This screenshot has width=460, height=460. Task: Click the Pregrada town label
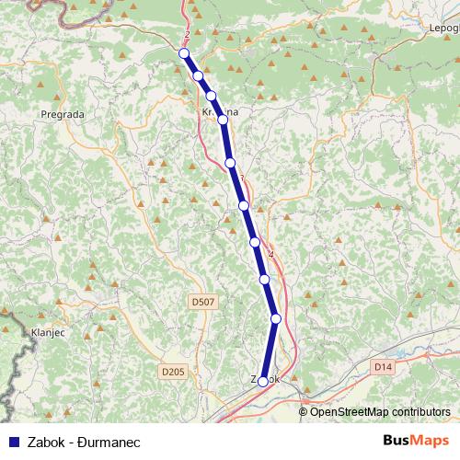(63, 114)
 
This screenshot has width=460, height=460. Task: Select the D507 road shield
(203, 301)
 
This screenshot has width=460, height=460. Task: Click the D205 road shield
(172, 371)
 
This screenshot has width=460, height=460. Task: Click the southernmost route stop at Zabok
(263, 381)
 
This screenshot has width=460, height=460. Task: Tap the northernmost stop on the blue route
(184, 53)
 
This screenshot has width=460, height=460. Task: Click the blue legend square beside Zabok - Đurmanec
(12, 442)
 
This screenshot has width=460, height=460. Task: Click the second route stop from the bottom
(275, 318)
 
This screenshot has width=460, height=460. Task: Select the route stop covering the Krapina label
(222, 118)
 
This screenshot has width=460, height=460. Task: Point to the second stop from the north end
(198, 75)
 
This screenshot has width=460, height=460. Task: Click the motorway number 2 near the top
(187, 35)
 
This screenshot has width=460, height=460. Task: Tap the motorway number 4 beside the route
(270, 254)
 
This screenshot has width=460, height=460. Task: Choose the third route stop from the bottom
(264, 278)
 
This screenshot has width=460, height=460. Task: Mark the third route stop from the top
(211, 96)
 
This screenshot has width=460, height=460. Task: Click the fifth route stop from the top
(230, 162)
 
